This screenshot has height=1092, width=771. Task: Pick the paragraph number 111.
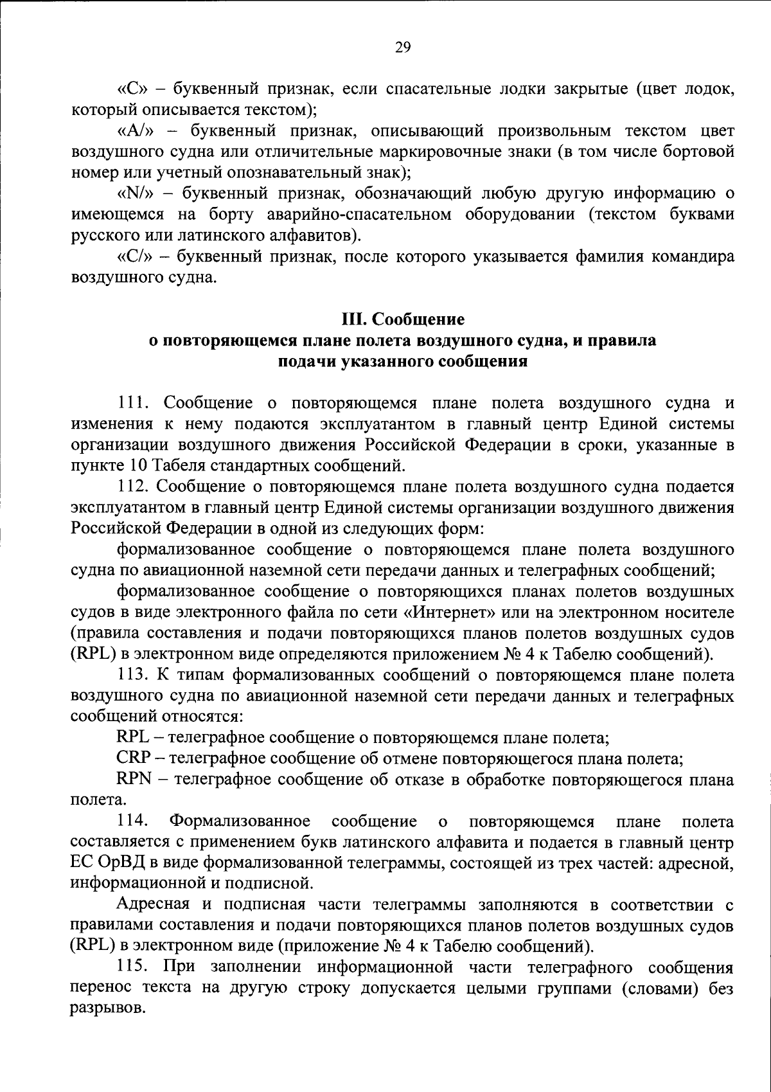click(x=133, y=404)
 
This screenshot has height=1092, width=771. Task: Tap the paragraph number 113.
click(x=133, y=676)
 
